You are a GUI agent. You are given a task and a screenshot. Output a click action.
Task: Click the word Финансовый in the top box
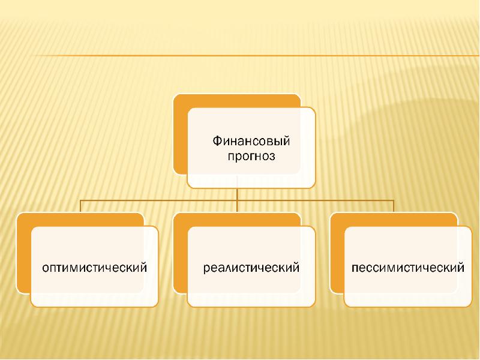(x=251, y=142)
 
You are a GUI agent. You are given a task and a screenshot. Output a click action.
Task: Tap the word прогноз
(x=251, y=157)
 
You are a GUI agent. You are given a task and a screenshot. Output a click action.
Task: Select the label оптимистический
(x=95, y=268)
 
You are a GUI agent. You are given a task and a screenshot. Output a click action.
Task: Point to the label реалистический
(x=251, y=268)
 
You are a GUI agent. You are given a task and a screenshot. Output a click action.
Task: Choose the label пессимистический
(x=408, y=268)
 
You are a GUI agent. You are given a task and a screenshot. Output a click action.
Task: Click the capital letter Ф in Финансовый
(x=217, y=141)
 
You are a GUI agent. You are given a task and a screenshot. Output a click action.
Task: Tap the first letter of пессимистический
(x=355, y=268)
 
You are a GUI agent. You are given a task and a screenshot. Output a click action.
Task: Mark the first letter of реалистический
(x=207, y=269)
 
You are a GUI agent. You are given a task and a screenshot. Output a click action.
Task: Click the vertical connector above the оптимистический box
(x=80, y=206)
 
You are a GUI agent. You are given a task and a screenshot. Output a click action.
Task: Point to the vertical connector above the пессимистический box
(x=394, y=206)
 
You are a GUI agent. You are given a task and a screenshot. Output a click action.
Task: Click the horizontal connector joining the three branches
(x=237, y=200)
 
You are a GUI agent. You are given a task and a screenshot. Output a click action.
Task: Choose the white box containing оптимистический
(x=95, y=266)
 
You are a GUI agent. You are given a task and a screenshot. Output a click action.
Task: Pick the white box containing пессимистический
(x=408, y=266)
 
